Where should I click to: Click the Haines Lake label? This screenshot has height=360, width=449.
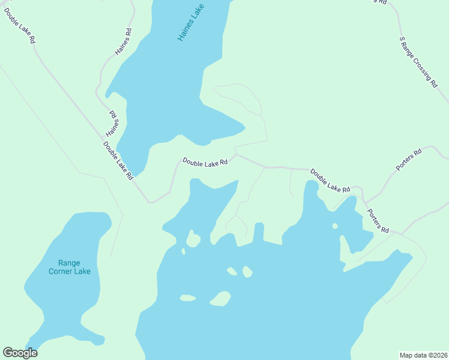pyautogui.click(x=191, y=22)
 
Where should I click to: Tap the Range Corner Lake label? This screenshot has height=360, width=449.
pyautogui.click(x=70, y=267)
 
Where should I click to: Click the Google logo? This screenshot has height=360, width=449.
pyautogui.click(x=20, y=353)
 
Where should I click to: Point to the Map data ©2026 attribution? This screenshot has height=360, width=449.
pyautogui.click(x=423, y=355)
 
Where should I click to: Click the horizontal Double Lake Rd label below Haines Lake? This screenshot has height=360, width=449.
pyautogui.click(x=205, y=162)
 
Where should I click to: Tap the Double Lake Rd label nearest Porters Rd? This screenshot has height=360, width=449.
pyautogui.click(x=330, y=181)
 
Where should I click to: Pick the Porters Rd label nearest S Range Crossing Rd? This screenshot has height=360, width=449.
pyautogui.click(x=409, y=159)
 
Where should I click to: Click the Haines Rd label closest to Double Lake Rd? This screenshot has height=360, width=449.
pyautogui.click(x=112, y=124)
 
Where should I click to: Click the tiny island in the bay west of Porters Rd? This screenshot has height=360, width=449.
pyautogui.click(x=335, y=226)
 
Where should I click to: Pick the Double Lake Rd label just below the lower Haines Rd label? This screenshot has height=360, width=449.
pyautogui.click(x=117, y=160)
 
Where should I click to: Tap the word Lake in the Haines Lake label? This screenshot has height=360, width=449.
pyautogui.click(x=198, y=11)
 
